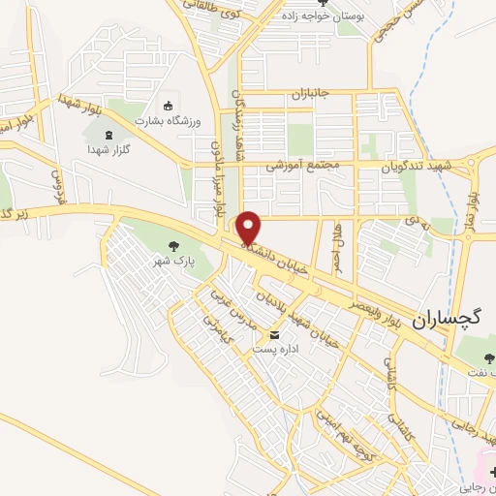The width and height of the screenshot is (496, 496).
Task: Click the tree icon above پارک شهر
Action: coord(173,246)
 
